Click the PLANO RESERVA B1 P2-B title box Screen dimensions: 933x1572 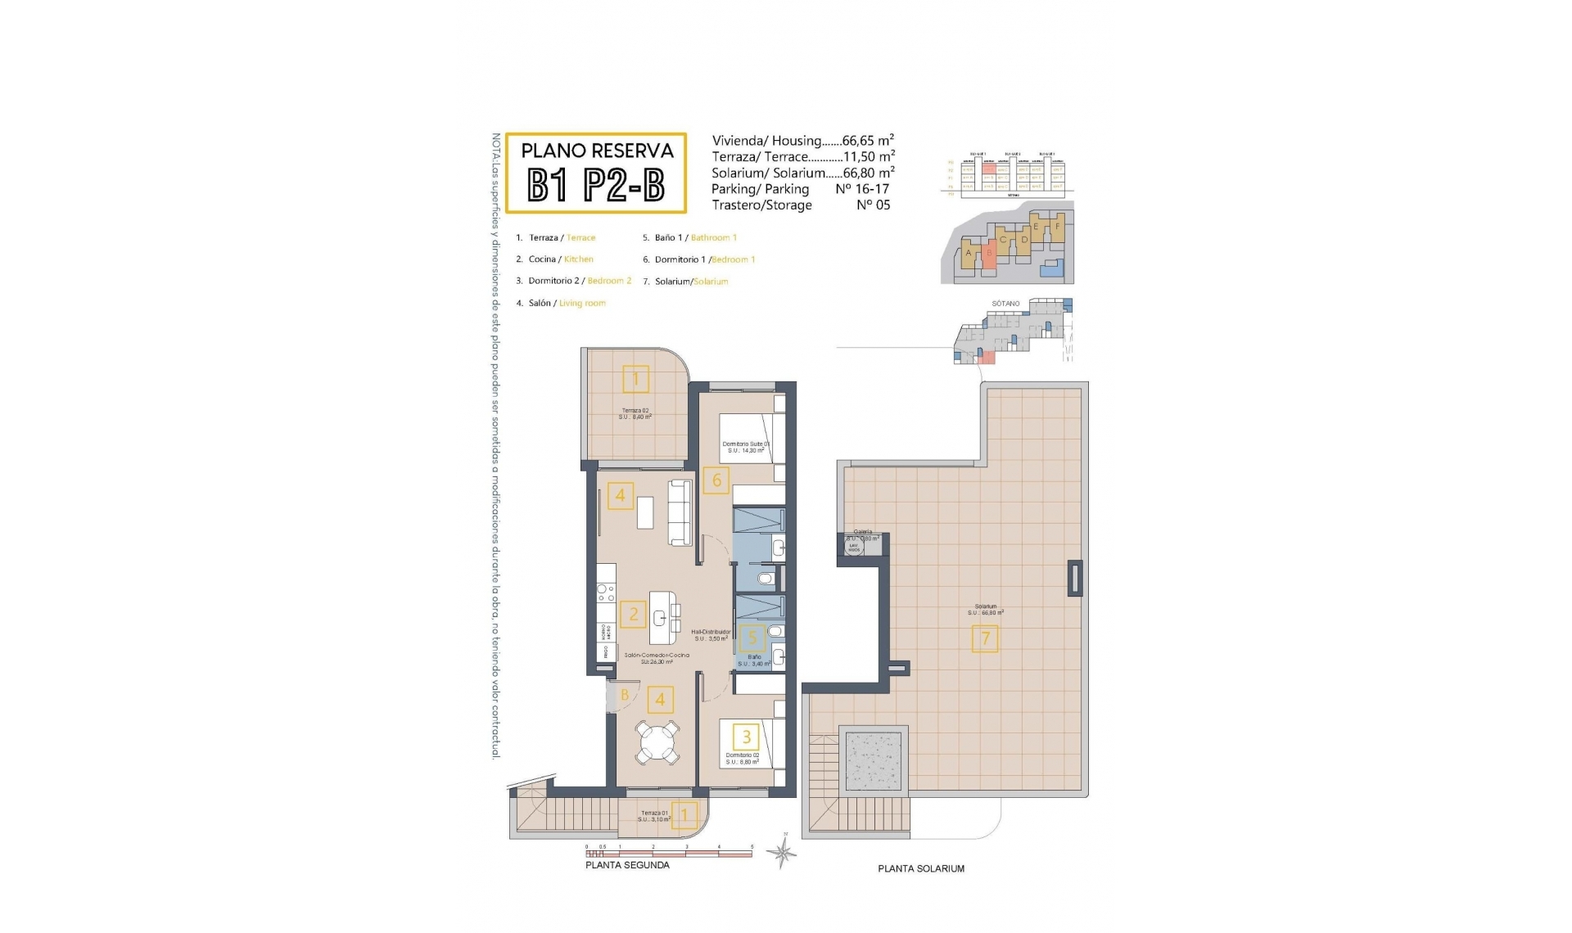pos(595,173)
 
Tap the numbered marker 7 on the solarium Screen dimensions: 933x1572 pos(985,638)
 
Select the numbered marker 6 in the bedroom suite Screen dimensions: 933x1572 pos(716,480)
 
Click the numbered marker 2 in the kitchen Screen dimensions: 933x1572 pos(633,614)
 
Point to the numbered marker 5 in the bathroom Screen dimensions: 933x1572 pos(752,638)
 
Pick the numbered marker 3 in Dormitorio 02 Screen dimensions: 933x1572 pos(747,737)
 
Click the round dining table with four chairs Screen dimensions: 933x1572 pos(658,742)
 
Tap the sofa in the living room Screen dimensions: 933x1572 pos(680,512)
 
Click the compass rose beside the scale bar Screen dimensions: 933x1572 pos(783,854)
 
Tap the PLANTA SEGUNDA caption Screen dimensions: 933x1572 pos(627,865)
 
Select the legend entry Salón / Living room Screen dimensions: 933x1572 pos(562,303)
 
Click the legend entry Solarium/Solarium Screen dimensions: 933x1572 pos(686,282)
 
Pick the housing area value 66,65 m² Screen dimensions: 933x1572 pos(868,141)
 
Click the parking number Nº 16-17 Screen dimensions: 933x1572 pos(862,189)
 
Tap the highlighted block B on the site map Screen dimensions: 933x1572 pos(989,254)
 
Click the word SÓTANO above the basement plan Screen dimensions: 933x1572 pos(1005,304)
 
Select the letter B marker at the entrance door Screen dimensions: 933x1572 pos(624,696)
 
